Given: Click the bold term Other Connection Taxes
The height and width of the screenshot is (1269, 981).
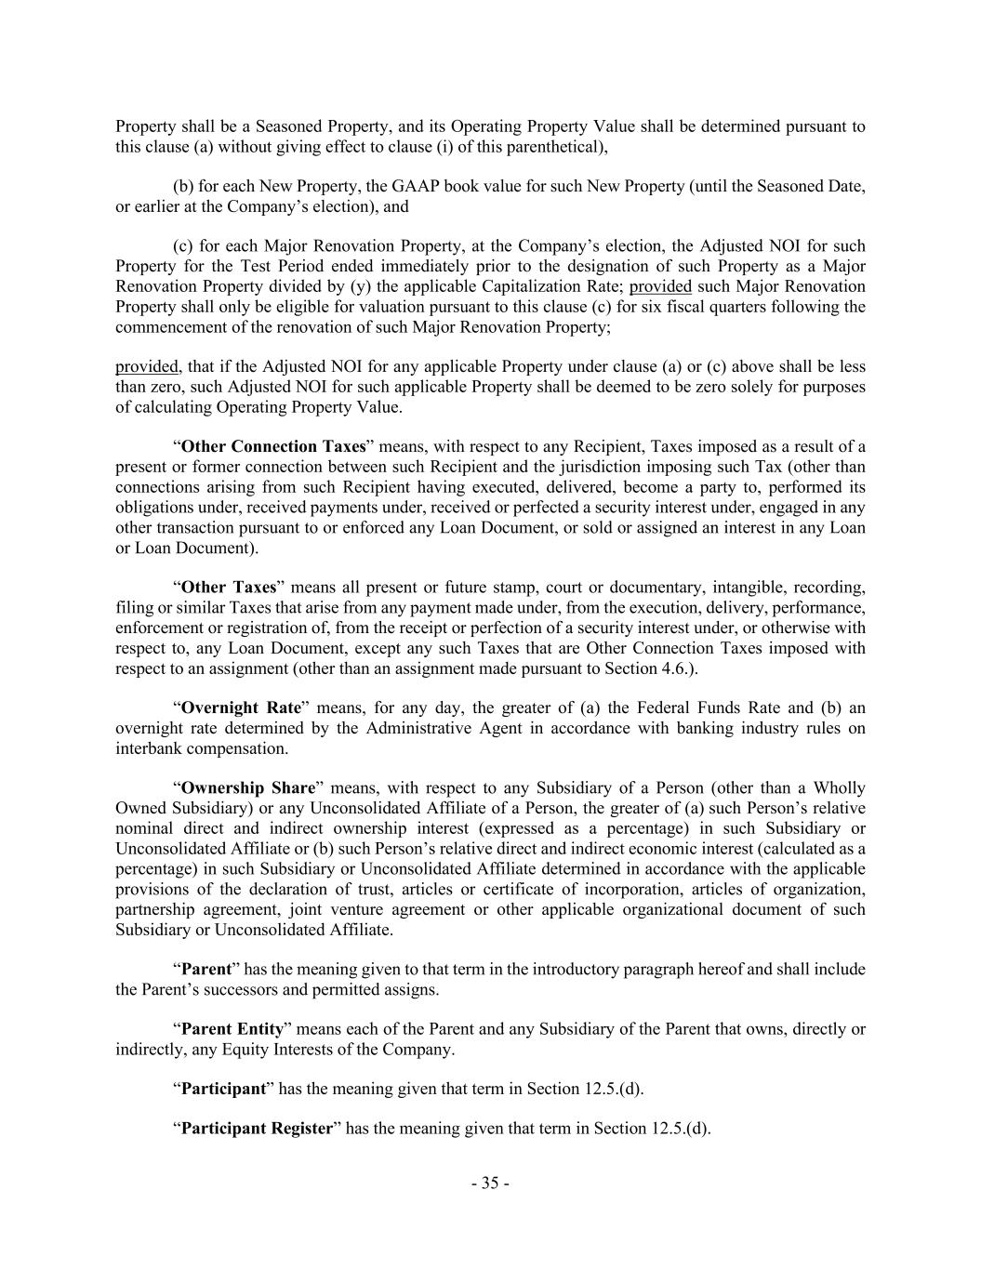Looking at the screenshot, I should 272,446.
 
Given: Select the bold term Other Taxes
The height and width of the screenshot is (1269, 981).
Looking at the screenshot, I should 228,588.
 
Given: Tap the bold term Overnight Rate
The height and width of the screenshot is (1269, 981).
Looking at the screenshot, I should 241,707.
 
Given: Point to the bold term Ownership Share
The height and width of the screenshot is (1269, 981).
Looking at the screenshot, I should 248,788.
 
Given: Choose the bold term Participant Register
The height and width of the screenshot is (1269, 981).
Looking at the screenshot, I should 256,1129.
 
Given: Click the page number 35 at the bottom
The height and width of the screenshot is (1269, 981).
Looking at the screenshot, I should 490,1183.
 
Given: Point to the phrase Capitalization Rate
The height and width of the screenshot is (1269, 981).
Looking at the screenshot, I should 557,286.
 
